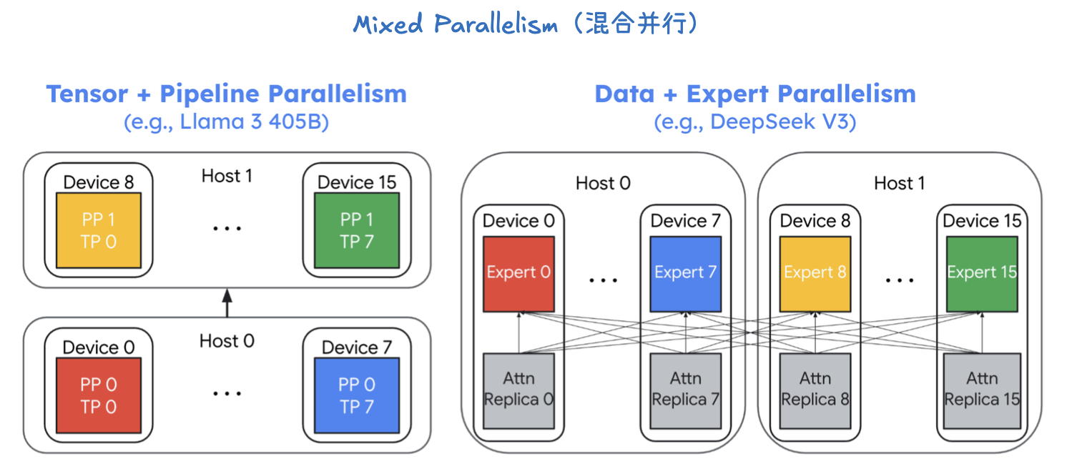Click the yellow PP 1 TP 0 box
(x=99, y=230)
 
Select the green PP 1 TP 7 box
(x=356, y=230)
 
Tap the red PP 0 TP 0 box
(x=99, y=395)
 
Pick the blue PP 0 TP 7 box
(x=356, y=395)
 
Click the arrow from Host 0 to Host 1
(x=227, y=303)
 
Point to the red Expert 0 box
(x=518, y=273)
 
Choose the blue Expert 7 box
(x=685, y=273)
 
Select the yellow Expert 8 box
(x=815, y=273)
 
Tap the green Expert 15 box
(x=982, y=273)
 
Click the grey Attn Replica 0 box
(x=518, y=390)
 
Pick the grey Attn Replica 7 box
(x=685, y=390)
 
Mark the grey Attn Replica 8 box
(x=815, y=390)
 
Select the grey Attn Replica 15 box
(x=982, y=390)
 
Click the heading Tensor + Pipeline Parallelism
(x=226, y=94)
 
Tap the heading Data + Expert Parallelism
(x=754, y=94)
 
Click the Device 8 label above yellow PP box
(x=99, y=182)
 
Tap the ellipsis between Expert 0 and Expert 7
(x=603, y=280)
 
